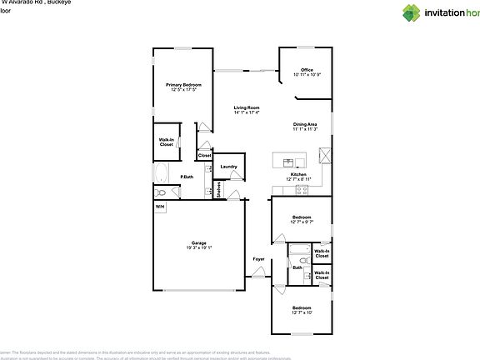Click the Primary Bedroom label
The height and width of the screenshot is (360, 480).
tap(183, 85)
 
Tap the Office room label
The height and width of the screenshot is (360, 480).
tap(307, 70)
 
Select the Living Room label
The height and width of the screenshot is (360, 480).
tap(247, 107)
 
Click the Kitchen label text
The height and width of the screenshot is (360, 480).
tap(298, 174)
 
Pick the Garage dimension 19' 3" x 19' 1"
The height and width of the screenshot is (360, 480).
tap(198, 247)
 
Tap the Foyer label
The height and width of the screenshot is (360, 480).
tap(258, 259)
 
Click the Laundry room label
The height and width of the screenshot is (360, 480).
tap(229, 167)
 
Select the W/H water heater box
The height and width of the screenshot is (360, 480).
tap(159, 206)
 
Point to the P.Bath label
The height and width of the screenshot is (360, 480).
tap(187, 177)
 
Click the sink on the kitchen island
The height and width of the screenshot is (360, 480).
tap(288, 161)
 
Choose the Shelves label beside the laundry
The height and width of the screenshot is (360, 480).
tap(218, 191)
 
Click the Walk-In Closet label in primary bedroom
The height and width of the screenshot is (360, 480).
tap(167, 142)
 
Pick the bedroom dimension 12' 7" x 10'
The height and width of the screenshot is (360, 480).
tap(302, 312)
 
